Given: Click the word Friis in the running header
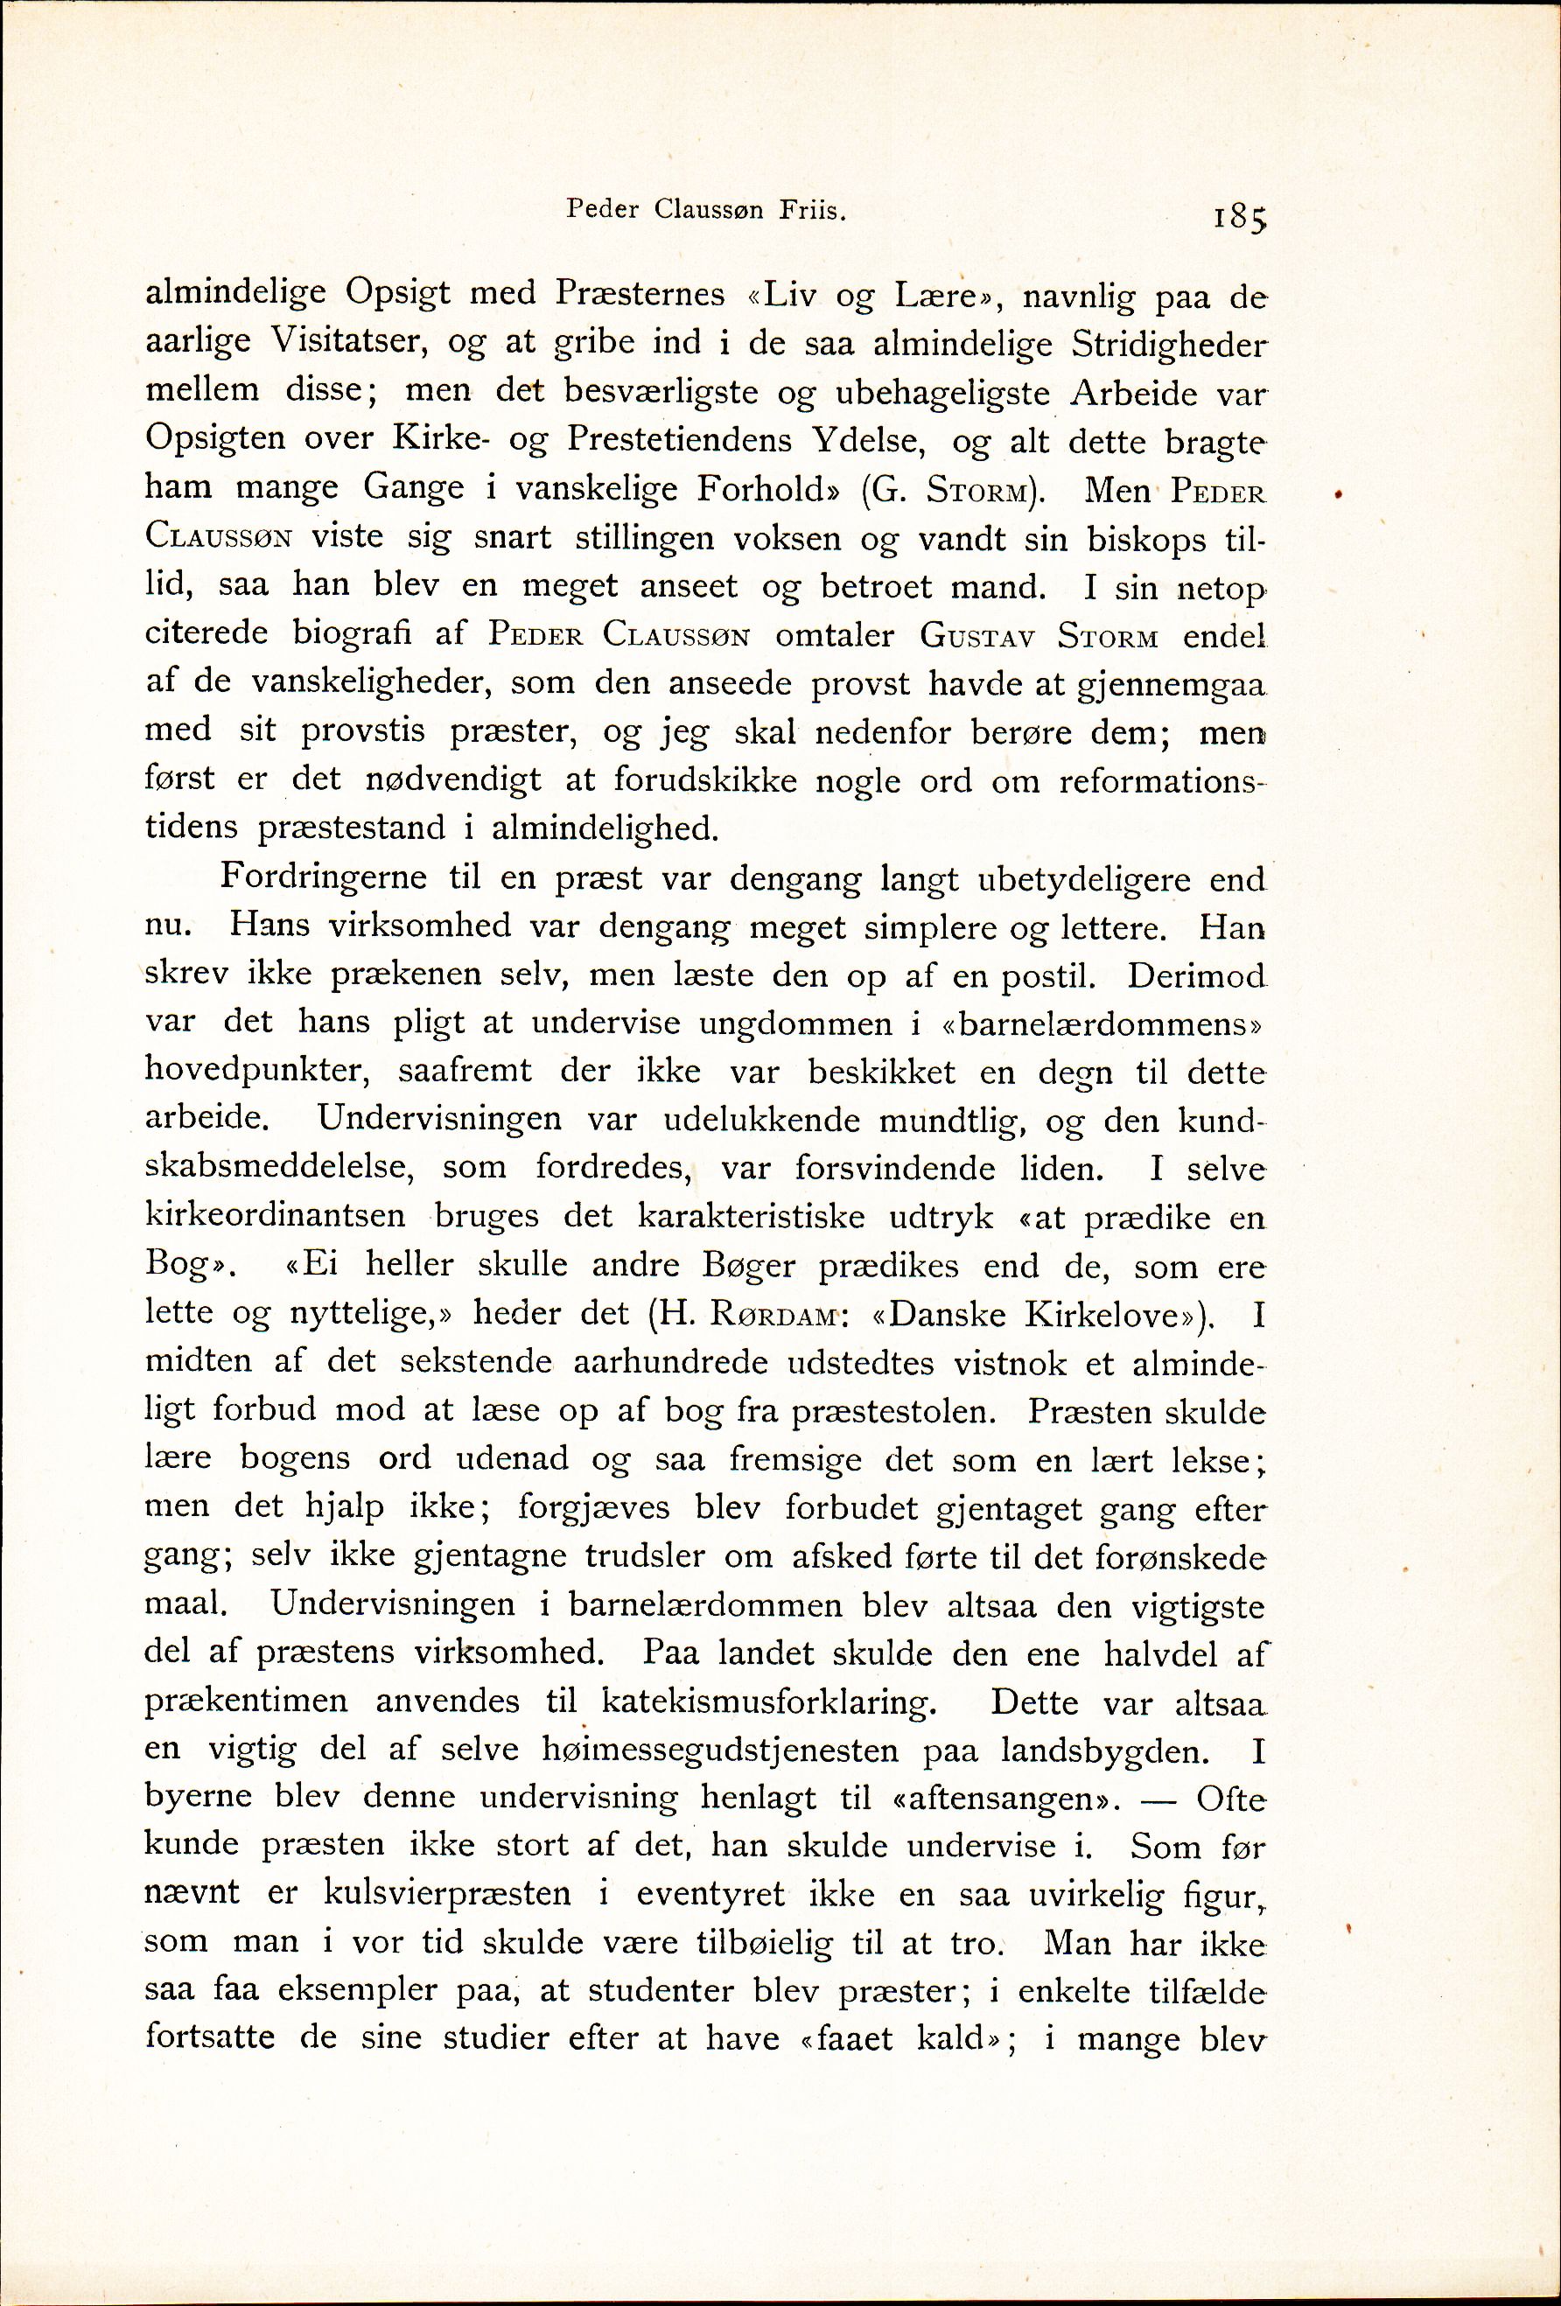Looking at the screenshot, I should [x=816, y=210].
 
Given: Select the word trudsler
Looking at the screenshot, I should [x=646, y=1556].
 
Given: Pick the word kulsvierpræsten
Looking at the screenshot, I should [x=447, y=1895].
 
